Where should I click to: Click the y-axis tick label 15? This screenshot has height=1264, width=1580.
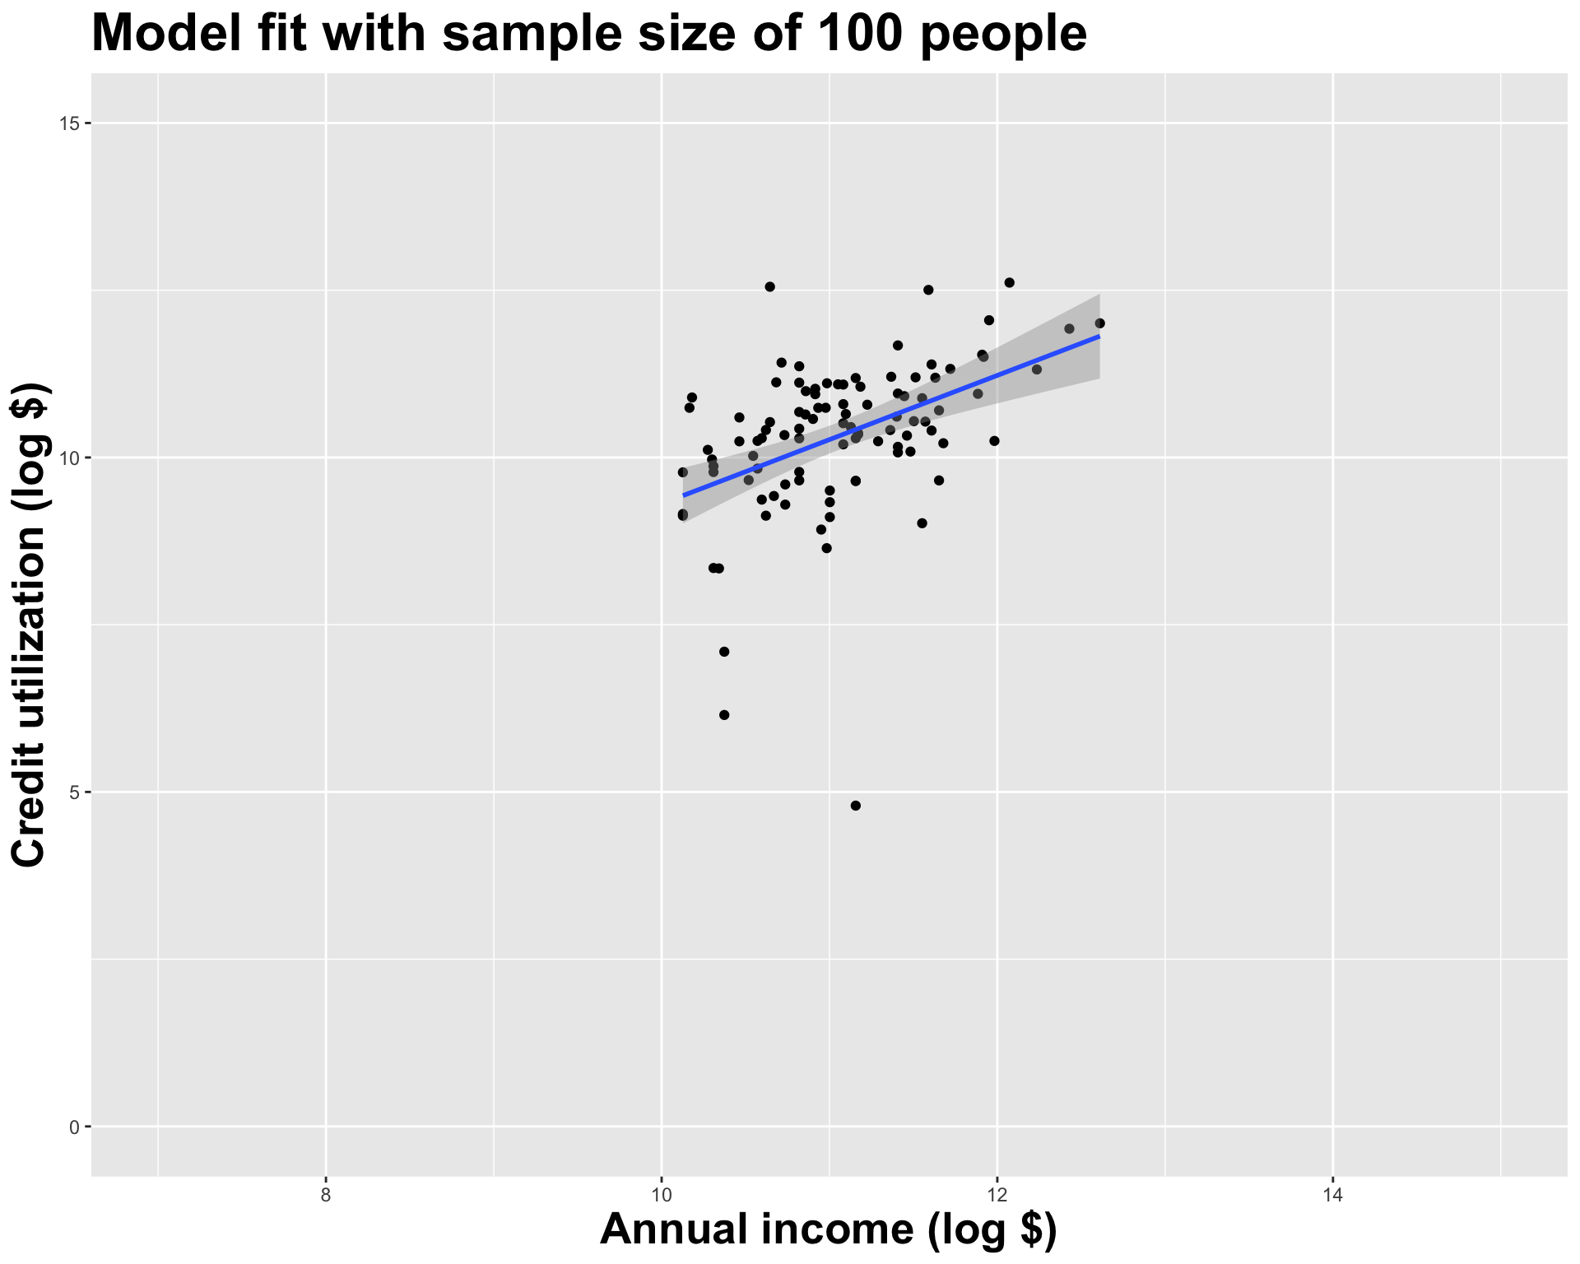coord(70,123)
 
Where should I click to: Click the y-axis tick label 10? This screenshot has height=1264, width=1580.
coord(70,458)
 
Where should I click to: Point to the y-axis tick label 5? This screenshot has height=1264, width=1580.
coord(73,792)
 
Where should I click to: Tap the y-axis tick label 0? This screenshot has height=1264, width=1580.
coord(73,1127)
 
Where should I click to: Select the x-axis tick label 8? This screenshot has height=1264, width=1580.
coord(326,1194)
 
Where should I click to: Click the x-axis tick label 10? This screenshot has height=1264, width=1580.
coord(662,1194)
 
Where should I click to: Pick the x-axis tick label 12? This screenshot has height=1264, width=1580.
coord(997,1194)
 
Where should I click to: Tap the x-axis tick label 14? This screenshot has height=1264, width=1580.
coord(1333,1194)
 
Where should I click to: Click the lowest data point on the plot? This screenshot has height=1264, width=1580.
coord(855,806)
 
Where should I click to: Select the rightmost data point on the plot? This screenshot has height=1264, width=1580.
coord(1099,323)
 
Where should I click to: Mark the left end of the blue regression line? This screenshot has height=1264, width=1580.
coord(683,495)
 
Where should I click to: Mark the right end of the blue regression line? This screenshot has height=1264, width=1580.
coord(1099,336)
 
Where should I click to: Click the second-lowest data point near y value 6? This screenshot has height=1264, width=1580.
coord(724,715)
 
